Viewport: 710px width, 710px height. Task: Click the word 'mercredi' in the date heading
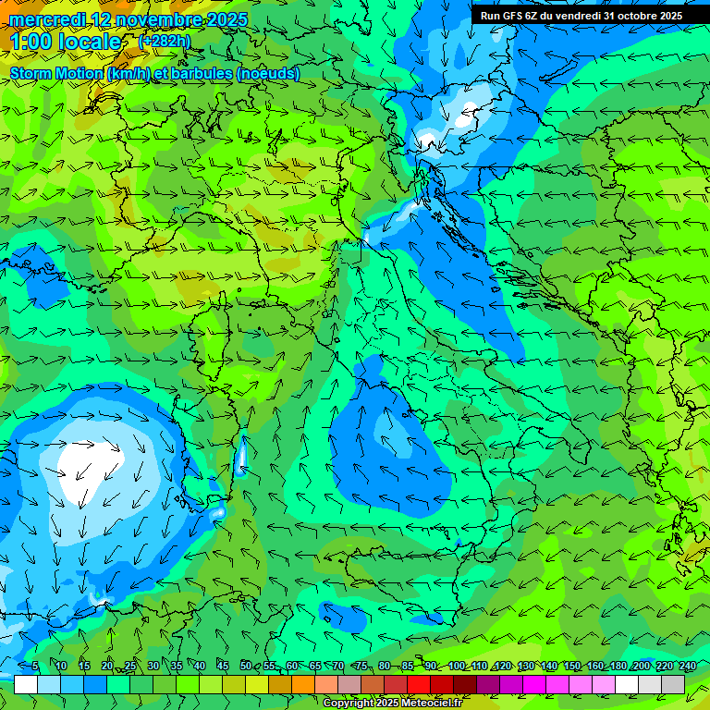[x=47, y=19]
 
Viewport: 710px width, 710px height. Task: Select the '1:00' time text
[x=32, y=42]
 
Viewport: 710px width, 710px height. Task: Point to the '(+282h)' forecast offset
[x=165, y=41]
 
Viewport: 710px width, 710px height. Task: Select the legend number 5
[x=35, y=666]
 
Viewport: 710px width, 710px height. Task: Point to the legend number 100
[x=457, y=666]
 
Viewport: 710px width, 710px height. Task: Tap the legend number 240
[x=687, y=666]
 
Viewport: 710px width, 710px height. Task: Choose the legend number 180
[x=618, y=666]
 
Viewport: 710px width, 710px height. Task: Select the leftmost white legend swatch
[x=26, y=684]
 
